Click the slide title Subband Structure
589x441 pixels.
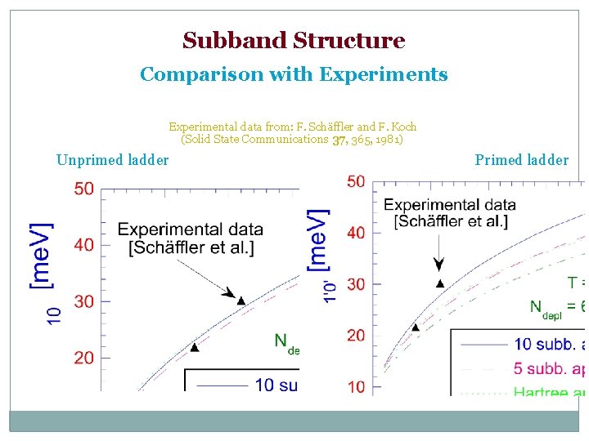(294, 41)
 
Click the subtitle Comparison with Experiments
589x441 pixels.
(294, 75)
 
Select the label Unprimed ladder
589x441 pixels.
(113, 160)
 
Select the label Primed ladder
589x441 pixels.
(521, 160)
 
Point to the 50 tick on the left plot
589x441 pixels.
(83, 189)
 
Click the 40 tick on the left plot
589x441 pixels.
(83, 245)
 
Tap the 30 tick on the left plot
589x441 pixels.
(83, 302)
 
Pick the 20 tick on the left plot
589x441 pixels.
(83, 358)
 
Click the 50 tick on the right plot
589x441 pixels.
(356, 182)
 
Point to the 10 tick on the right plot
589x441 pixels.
(356, 387)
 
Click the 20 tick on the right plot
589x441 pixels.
(356, 336)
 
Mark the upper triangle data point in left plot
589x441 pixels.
(241, 301)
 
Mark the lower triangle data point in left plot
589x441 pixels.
(194, 347)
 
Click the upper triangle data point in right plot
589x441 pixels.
(439, 283)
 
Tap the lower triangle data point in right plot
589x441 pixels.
(416, 327)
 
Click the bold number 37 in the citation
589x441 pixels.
(339, 140)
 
